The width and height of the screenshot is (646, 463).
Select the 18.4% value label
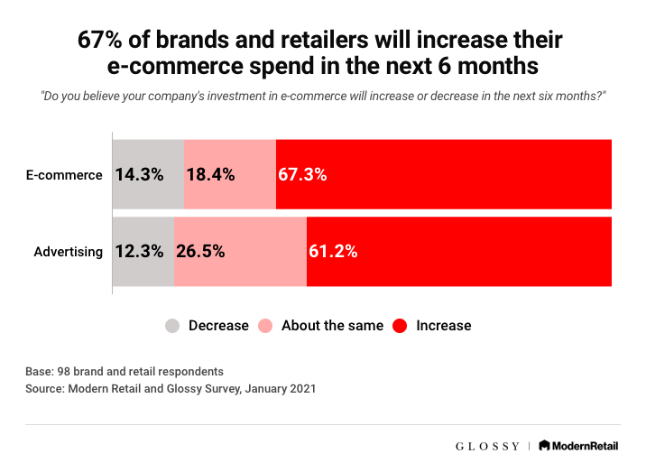tap(210, 175)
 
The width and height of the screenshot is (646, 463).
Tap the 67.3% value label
tap(302, 175)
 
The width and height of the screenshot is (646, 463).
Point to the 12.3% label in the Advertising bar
tap(139, 252)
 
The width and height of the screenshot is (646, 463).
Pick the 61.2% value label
tap(333, 252)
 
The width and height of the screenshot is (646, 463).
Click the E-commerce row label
tap(64, 175)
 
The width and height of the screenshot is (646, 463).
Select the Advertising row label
tap(69, 252)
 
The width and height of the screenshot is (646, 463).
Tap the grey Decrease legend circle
tap(172, 325)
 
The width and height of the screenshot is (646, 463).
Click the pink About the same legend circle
tap(266, 325)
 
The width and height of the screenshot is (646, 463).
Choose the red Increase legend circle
tap(400, 325)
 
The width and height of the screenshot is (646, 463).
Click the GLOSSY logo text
tap(487, 445)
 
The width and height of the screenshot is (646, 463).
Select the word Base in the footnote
tap(39, 371)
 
